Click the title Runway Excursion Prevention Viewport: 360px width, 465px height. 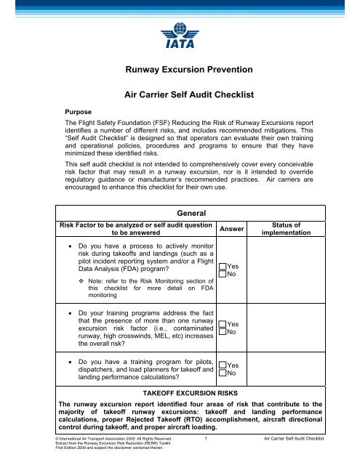[x=180, y=70]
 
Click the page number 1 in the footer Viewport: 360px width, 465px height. [x=207, y=440]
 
